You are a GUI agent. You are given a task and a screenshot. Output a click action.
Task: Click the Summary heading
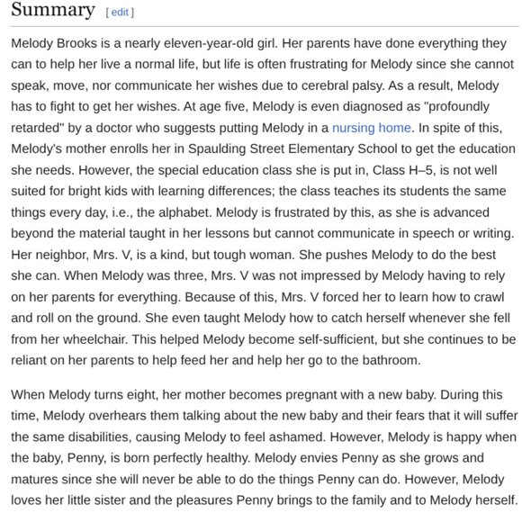(53, 11)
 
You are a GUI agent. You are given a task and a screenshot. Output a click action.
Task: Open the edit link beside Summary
(119, 13)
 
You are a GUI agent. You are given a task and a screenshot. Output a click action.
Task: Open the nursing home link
(371, 128)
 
